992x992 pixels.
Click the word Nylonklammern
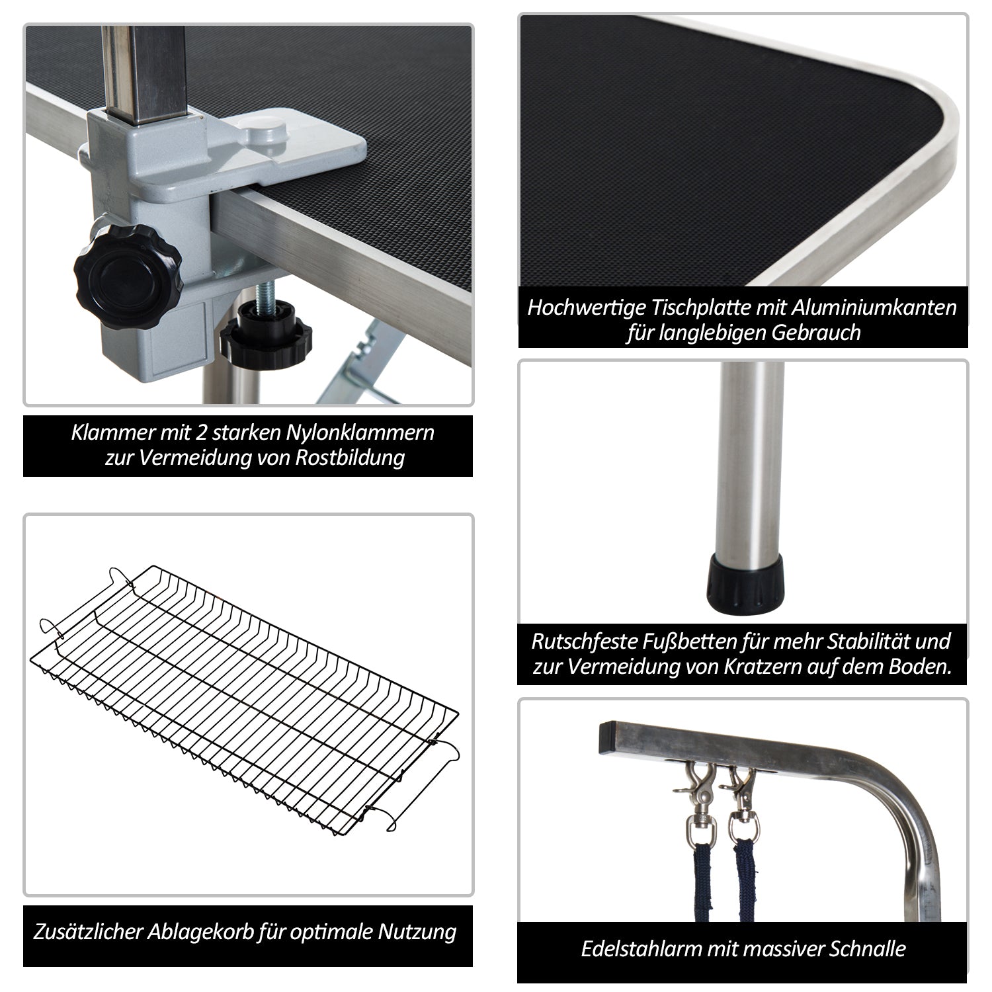(x=360, y=433)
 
